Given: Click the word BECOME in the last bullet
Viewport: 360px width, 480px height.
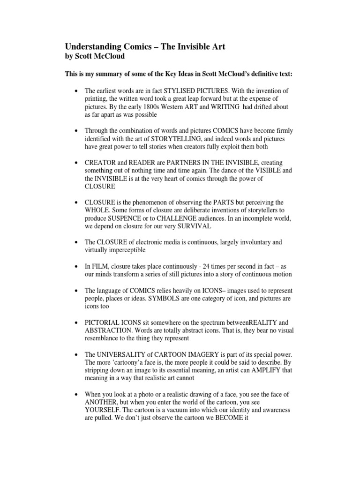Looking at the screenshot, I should (x=232, y=419).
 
